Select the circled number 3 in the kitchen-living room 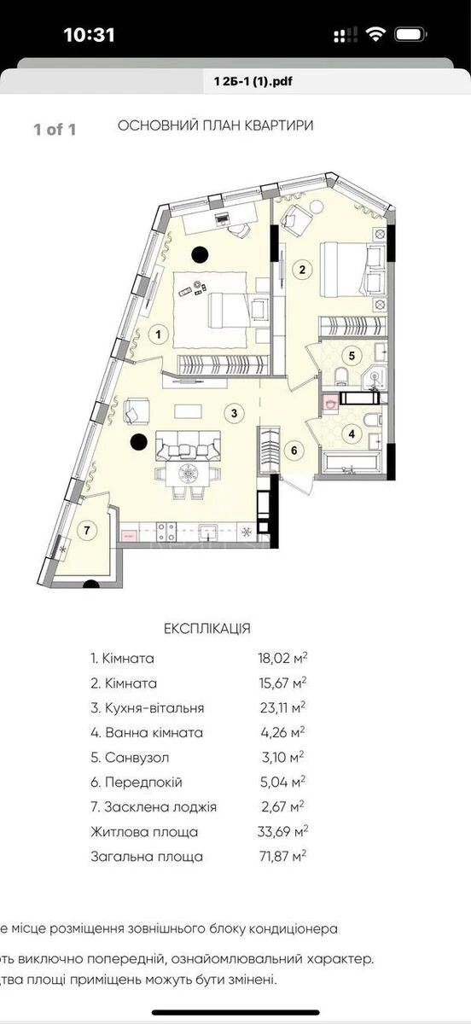[232, 413]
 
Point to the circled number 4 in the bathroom [351, 433]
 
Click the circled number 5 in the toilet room [350, 354]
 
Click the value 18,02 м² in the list [276, 659]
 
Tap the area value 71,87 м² [276, 856]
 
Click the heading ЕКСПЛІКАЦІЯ [207, 628]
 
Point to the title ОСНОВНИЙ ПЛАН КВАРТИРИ [215, 125]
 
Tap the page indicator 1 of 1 [55, 130]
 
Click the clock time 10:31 [89, 34]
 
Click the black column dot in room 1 [201, 253]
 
